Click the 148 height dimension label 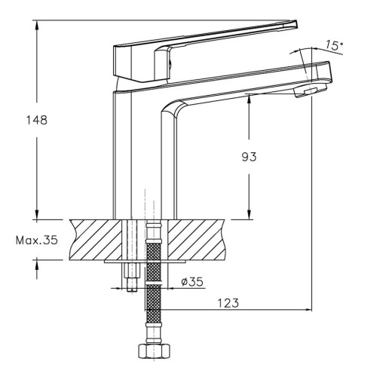click(x=37, y=120)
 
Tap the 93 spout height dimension click(x=249, y=157)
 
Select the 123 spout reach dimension click(x=228, y=303)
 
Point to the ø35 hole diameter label click(x=192, y=282)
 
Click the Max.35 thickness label click(x=37, y=241)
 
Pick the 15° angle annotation click(x=335, y=45)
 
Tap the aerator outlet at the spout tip click(x=311, y=90)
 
